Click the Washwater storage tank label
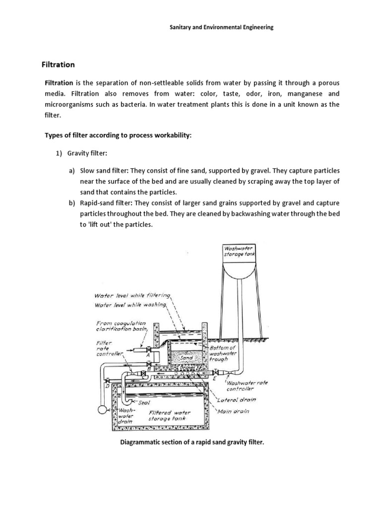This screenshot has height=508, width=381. tap(239, 251)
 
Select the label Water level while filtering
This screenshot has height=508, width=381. tap(132, 295)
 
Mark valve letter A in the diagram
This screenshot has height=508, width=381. tap(148, 355)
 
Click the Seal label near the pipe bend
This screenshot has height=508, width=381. tap(144, 402)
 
